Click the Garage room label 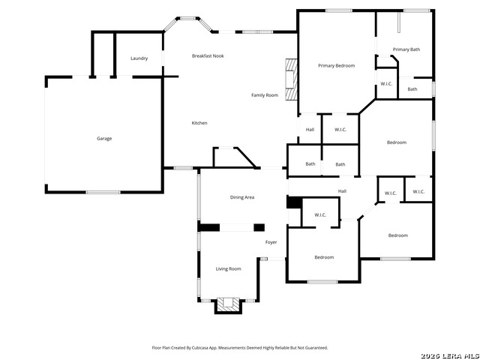[x=104, y=138]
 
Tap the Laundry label [x=139, y=58]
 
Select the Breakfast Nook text [x=208, y=55]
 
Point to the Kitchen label [x=199, y=123]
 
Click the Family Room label [x=265, y=95]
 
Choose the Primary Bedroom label [x=337, y=65]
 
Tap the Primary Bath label [x=406, y=49]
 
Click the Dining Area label [x=242, y=197]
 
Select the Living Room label [x=228, y=268]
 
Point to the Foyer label [x=271, y=242]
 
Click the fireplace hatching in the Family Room [x=291, y=79]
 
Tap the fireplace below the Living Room [x=228, y=305]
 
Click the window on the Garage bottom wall [x=103, y=192]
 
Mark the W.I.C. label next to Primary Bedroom [x=386, y=83]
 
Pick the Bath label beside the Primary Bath [x=412, y=89]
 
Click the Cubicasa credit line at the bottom [x=240, y=347]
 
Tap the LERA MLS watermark [x=450, y=355]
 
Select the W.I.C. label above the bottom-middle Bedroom [x=320, y=215]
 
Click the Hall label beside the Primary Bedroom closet [x=310, y=130]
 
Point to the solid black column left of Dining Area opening [x=208, y=227]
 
